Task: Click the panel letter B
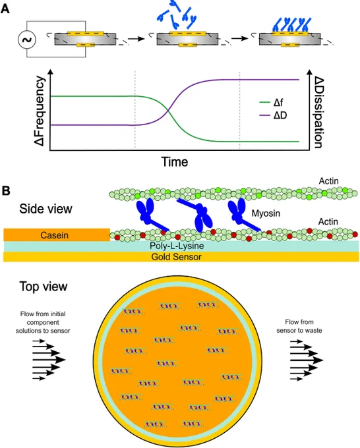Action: click(x=6, y=190)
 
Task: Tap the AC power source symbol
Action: click(x=27, y=40)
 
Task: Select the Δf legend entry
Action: click(x=272, y=102)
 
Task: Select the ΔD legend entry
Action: click(x=273, y=115)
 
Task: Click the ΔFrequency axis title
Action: click(x=40, y=111)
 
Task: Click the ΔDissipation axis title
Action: click(x=319, y=112)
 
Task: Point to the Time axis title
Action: click(x=175, y=161)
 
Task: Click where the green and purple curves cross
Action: click(x=168, y=111)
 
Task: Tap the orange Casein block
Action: click(x=57, y=235)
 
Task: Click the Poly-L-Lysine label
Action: click(x=177, y=246)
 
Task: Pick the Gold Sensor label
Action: click(x=177, y=256)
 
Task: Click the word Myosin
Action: click(x=266, y=213)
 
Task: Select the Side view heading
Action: click(x=45, y=209)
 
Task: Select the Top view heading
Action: click(x=44, y=287)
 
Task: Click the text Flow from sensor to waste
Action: click(x=299, y=326)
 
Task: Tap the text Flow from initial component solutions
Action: click(x=43, y=322)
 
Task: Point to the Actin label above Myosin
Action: click(x=329, y=181)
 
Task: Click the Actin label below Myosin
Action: click(x=328, y=222)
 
